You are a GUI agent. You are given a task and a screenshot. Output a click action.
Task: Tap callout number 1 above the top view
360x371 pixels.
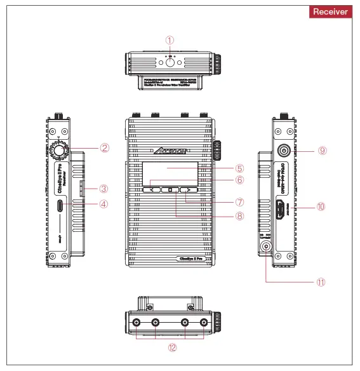[170, 39]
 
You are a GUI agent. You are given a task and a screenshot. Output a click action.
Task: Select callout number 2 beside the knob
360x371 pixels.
[105, 148]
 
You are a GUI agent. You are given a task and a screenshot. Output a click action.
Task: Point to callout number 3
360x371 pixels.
[105, 189]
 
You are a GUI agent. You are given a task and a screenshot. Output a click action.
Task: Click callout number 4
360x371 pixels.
[105, 205]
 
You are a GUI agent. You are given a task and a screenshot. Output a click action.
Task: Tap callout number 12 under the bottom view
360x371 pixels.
[172, 348]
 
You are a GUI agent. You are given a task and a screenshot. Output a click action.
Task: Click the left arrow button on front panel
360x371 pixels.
[152, 189]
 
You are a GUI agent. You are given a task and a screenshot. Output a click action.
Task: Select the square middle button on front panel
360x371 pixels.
[170, 189]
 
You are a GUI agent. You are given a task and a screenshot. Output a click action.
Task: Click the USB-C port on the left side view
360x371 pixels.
[60, 205]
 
